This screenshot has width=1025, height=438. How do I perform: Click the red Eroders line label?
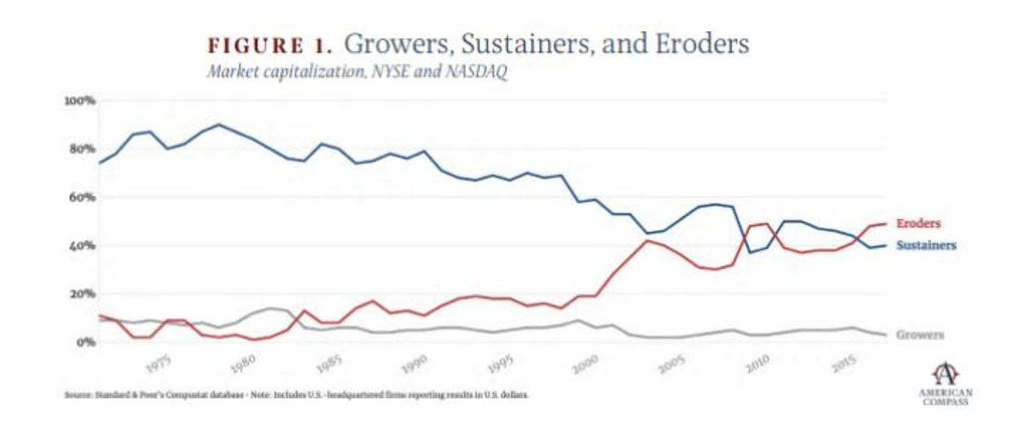(x=918, y=223)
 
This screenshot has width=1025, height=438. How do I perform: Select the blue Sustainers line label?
(x=926, y=245)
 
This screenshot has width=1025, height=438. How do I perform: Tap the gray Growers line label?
(x=920, y=335)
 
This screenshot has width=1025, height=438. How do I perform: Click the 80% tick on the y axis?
(x=82, y=149)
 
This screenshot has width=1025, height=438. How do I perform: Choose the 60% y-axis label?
(x=82, y=197)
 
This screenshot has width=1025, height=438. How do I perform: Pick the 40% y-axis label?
(x=82, y=245)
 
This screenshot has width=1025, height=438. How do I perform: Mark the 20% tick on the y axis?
(x=82, y=294)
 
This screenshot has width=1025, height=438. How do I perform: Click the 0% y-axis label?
(x=85, y=342)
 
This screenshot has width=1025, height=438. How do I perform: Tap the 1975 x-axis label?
(x=159, y=364)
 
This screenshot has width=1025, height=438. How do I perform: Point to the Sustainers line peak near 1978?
(x=218, y=125)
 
